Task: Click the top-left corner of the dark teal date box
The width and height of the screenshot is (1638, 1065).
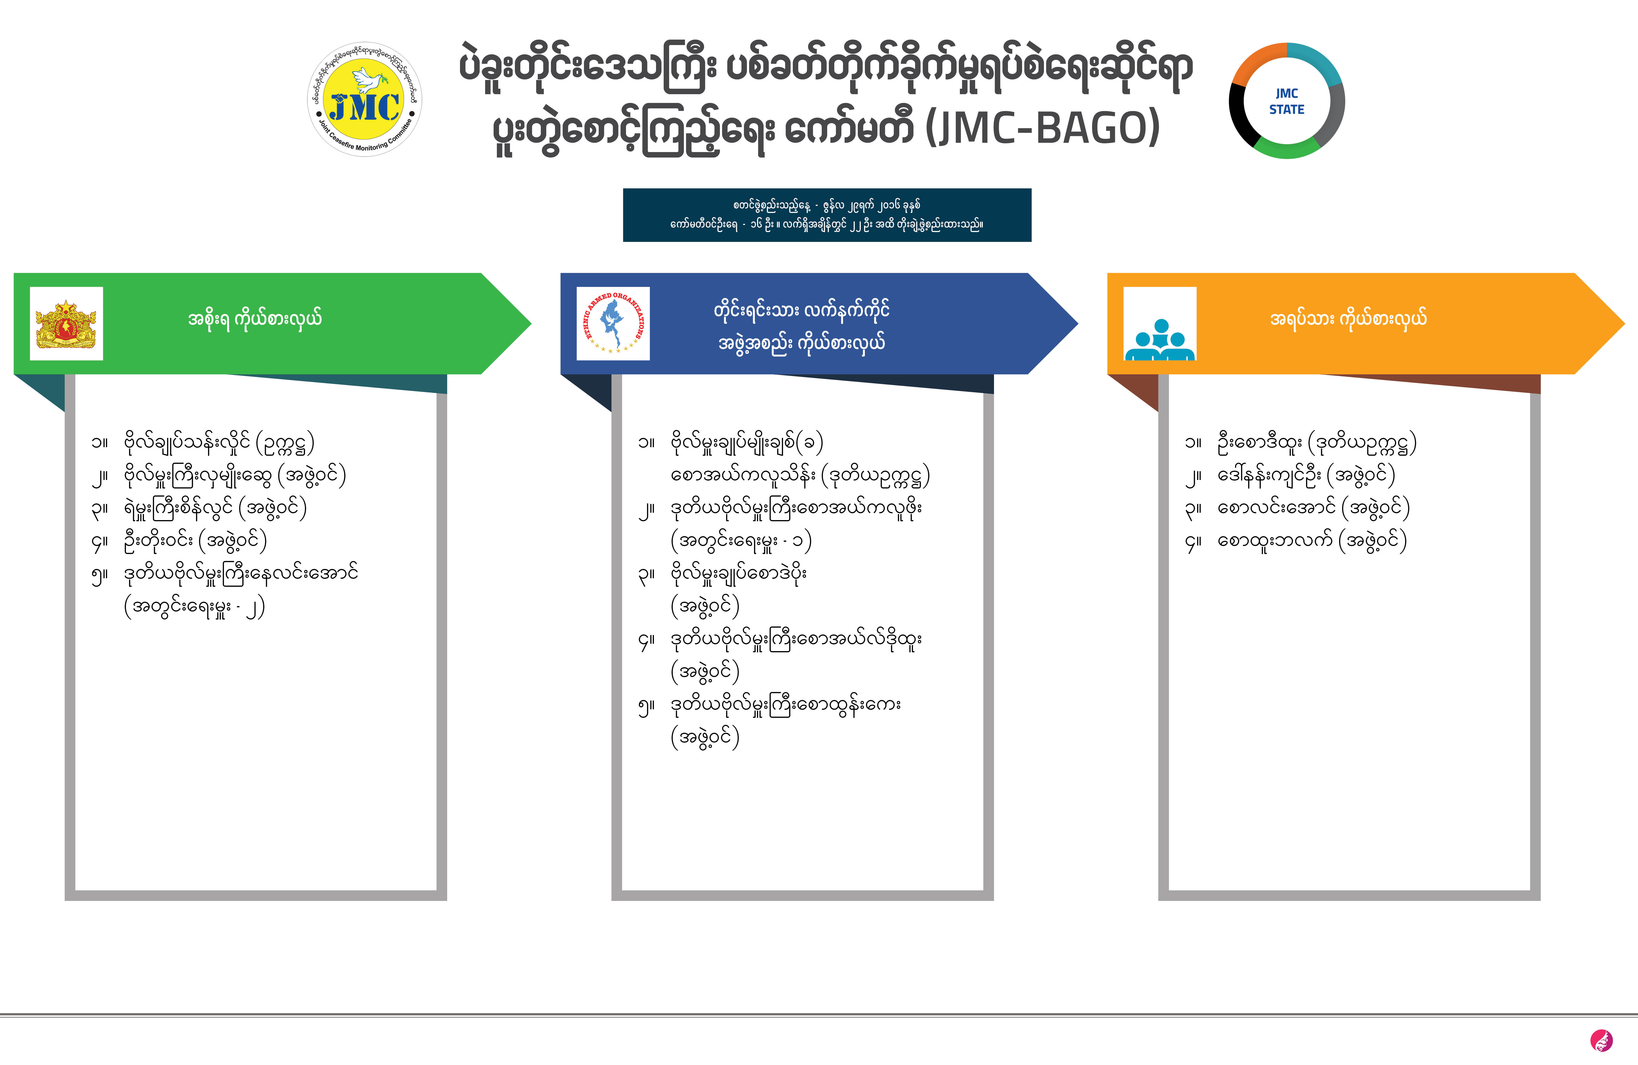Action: click(624, 189)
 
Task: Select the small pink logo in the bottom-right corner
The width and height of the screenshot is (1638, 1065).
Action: click(1601, 1040)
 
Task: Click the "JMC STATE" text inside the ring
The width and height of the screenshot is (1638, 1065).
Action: click(1286, 101)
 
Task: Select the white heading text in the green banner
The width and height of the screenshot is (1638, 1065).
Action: click(255, 319)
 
